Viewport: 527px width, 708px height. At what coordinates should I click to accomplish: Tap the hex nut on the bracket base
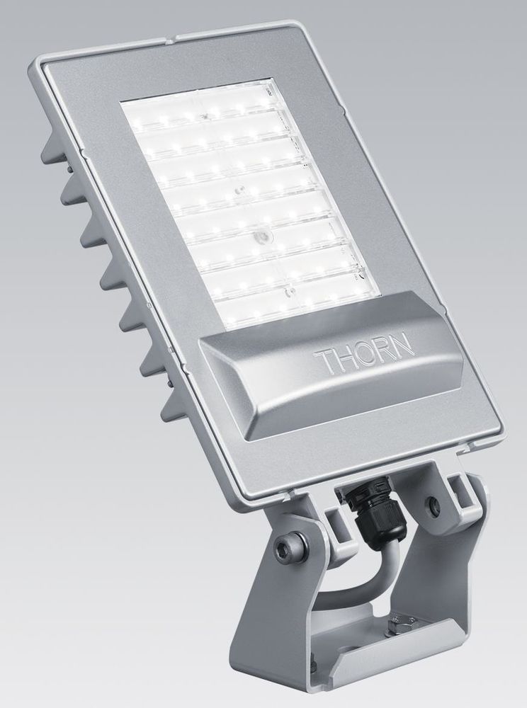coord(399,624)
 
